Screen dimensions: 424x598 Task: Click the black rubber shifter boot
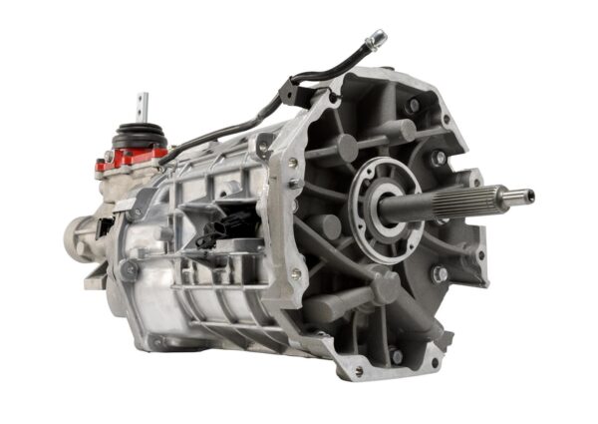click(141, 136)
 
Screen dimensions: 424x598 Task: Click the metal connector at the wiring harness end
click(376, 40)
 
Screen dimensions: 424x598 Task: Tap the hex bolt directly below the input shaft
click(439, 272)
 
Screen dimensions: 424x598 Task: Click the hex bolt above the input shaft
click(437, 158)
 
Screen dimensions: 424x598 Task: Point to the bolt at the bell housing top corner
click(412, 104)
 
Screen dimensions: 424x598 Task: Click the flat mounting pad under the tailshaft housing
click(96, 282)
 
